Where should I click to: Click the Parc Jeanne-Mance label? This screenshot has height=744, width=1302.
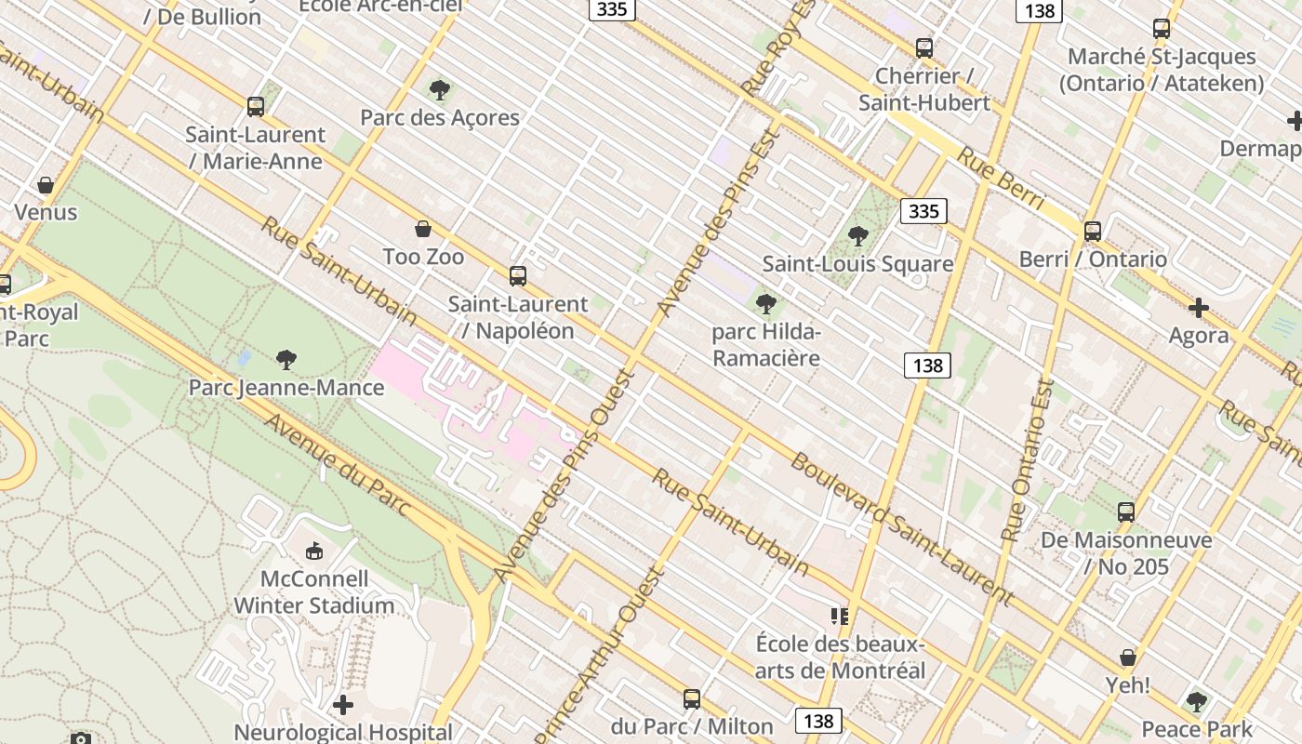coord(286,387)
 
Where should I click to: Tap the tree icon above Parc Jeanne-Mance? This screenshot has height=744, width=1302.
coord(286,359)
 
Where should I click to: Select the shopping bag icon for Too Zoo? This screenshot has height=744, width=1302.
coord(423,229)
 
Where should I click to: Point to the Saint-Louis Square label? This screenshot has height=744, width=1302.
coord(857,264)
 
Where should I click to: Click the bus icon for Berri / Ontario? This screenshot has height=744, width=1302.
coord(1093,231)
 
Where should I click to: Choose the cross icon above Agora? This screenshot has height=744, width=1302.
coord(1199,308)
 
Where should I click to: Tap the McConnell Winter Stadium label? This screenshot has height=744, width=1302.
coord(314,592)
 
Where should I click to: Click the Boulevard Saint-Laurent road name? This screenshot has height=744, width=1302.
coord(900,528)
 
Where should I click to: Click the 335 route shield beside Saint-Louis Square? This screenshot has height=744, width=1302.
coord(923,211)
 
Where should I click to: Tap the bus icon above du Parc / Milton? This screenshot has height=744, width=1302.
coord(692,698)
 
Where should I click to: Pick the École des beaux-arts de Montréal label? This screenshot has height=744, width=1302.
coord(840,658)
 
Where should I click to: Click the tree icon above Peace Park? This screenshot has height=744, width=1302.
coord(1197,701)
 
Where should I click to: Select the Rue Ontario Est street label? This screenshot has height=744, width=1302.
coord(1028,459)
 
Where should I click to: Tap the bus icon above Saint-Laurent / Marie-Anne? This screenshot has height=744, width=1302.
coord(256,107)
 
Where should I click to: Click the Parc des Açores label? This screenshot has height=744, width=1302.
coord(440,118)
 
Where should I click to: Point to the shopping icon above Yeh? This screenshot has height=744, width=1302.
coord(1128,658)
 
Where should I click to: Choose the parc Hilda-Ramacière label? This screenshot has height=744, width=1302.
coord(766,345)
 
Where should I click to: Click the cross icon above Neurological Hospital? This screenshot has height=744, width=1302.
coord(343,705)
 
